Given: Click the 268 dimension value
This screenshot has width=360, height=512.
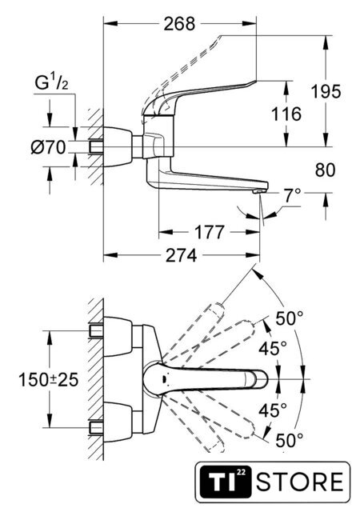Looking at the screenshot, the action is [179, 24].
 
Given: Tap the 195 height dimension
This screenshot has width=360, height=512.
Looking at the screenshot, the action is [326, 91].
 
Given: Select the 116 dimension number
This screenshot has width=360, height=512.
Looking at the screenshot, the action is [286, 114].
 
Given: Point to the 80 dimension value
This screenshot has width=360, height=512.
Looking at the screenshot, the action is [325, 170].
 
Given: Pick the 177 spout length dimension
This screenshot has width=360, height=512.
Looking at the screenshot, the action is [210, 232].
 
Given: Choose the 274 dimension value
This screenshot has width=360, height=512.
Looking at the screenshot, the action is [182, 255].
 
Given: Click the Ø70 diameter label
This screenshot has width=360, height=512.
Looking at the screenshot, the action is [48, 147].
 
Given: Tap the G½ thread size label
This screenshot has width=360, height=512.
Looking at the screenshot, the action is [52, 83].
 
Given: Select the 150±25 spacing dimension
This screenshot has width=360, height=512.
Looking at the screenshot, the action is [48, 380].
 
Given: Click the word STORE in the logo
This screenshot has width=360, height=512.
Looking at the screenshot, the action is [299, 482].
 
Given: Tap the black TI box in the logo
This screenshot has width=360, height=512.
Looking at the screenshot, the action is [226, 482].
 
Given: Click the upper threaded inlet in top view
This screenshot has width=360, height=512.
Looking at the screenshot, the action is [96, 331].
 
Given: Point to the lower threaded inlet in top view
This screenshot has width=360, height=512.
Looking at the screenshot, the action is [96, 428].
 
